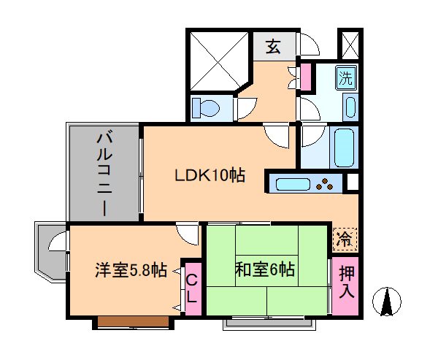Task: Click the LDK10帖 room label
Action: pyautogui.click(x=210, y=175)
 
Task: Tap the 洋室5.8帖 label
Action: pyautogui.click(x=131, y=270)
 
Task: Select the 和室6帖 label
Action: pyautogui.click(x=265, y=269)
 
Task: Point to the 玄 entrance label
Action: pyautogui.click(x=273, y=46)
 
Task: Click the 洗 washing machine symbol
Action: pyautogui.click(x=346, y=77)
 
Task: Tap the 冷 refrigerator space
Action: pyautogui.click(x=345, y=240)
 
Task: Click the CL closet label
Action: pyautogui.click(x=192, y=288)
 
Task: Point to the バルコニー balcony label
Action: pyautogui.click(x=104, y=175)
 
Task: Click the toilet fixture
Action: pyautogui.click(x=206, y=108)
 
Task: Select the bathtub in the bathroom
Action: pyautogui.click(x=344, y=148)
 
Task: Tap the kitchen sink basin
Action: pyautogui.click(x=293, y=185)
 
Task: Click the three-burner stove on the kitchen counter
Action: pyautogui.click(x=324, y=184)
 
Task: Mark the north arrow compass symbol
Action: pyautogui.click(x=387, y=302)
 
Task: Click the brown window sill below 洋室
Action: pyautogui.click(x=134, y=322)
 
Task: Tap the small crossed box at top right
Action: pyautogui.click(x=350, y=45)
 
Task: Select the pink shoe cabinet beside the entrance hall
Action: pyautogui.click(x=306, y=77)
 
